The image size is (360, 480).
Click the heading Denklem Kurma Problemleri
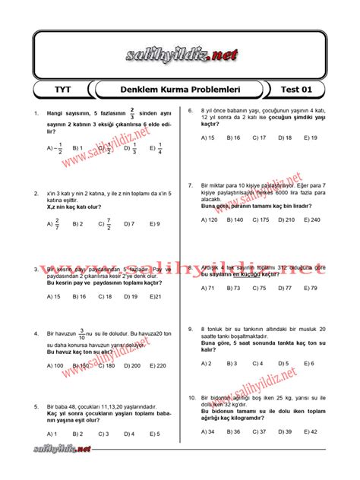[181, 90]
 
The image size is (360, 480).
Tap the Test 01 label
[297, 90]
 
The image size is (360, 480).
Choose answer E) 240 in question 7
[311, 219]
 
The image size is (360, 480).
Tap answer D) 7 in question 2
[129, 224]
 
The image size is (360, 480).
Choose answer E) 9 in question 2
[155, 224]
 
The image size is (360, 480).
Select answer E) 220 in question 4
[157, 365]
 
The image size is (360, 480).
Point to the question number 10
[192, 397]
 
